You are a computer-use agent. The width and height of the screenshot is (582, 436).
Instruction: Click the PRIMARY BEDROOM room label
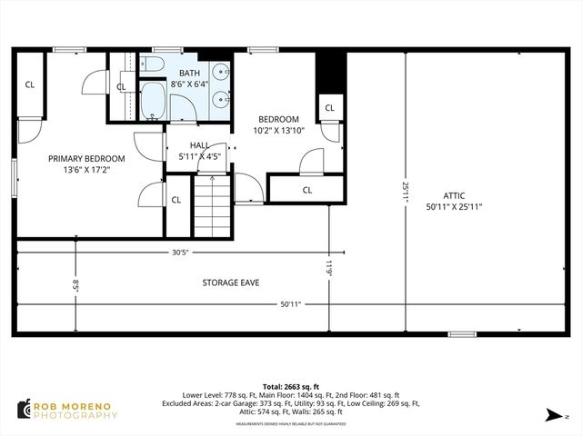coord(87,158)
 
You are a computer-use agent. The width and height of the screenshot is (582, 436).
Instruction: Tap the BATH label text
coord(190,73)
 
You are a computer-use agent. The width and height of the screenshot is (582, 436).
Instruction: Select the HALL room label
coord(200,145)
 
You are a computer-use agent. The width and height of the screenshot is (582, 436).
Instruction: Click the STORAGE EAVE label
coord(230,282)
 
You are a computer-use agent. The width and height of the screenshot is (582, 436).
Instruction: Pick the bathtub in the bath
coord(154,103)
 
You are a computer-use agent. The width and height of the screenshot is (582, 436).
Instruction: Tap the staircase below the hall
coord(210,207)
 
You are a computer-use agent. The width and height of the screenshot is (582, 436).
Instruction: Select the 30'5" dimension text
coord(178,253)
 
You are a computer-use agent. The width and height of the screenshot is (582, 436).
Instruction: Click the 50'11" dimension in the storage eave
coord(290,304)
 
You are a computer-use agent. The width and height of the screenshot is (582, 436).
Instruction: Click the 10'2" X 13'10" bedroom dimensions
coord(278,131)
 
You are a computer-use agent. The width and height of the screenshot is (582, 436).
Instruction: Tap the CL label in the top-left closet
coord(30,84)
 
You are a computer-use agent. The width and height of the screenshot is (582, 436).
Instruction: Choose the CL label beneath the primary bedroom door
coord(176,200)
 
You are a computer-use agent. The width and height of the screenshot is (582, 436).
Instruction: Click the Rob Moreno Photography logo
coord(67,410)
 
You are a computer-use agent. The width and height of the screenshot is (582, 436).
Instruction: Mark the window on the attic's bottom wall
coord(461,334)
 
